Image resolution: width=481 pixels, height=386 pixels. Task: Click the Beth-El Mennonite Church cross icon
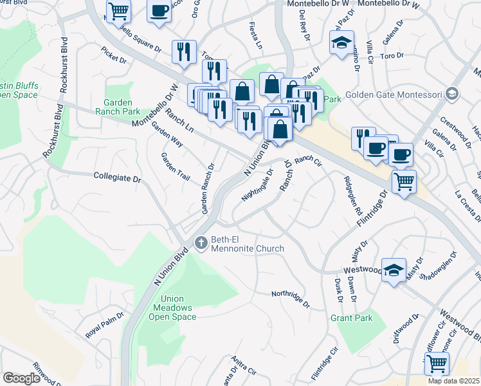click(201, 243)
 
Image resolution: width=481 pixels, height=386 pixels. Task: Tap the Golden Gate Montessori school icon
click(452, 95)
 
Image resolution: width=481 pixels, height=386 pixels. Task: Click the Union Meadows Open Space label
click(171, 308)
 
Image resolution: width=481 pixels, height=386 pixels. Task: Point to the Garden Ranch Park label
click(118, 106)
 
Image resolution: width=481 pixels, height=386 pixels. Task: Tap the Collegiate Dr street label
click(116, 176)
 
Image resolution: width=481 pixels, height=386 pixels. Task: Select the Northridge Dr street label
click(290, 298)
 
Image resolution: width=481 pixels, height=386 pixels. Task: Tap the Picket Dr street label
click(114, 55)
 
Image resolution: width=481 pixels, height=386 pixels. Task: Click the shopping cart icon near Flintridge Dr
click(403, 182)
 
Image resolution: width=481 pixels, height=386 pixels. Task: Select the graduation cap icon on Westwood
click(394, 270)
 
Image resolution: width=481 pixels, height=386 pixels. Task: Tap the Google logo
click(21, 378)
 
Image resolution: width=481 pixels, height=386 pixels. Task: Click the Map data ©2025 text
click(454, 381)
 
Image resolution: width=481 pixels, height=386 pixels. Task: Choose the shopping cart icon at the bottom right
click(437, 363)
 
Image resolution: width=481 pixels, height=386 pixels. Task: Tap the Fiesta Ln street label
click(256, 30)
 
